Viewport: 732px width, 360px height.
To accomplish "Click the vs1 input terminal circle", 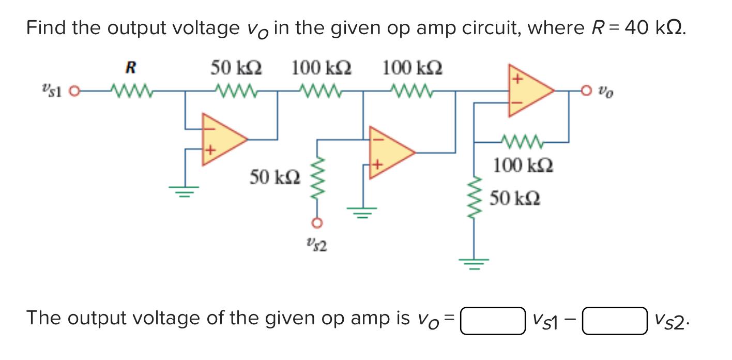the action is click(x=74, y=91).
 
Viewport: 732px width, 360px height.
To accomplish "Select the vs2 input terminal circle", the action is click(x=317, y=223).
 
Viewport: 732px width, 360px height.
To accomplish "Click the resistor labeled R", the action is click(x=131, y=91).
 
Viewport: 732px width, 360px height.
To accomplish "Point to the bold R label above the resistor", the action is click(x=131, y=68).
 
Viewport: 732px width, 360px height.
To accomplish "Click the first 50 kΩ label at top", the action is click(x=236, y=68).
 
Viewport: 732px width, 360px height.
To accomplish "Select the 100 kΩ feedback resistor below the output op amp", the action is click(x=522, y=142).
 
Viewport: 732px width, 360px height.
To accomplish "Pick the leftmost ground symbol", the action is click(x=184, y=191).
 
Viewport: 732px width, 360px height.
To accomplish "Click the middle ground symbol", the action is click(x=362, y=213).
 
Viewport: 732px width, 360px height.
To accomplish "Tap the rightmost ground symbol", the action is click(x=474, y=264).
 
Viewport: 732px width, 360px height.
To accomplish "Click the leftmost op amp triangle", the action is click(x=223, y=140).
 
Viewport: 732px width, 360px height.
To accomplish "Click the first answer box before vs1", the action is click(x=493, y=321).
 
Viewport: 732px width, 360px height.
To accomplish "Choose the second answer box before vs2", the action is click(x=615, y=321).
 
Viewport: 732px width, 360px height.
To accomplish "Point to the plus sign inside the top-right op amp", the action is click(x=517, y=79).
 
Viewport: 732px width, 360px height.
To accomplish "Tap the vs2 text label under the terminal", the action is click(x=317, y=245).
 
